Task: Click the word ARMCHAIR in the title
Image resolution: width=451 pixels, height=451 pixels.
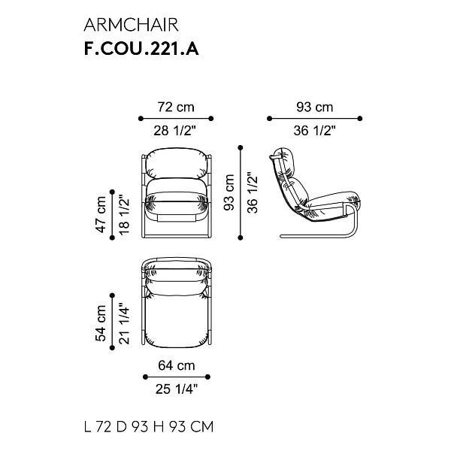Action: coord(131,25)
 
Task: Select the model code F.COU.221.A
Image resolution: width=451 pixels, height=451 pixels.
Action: coord(141,49)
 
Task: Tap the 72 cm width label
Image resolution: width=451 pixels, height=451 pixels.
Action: coord(176,107)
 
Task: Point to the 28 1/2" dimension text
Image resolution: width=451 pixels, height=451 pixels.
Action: coord(174,131)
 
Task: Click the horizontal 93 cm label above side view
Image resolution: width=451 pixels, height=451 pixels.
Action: coord(315,107)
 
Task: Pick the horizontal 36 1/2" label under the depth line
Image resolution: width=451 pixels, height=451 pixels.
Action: coord(315,131)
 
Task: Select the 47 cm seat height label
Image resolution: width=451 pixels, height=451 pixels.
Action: coord(101,214)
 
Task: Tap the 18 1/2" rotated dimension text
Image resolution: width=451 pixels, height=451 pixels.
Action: coord(125,215)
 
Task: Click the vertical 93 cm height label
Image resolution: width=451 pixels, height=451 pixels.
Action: coord(229,192)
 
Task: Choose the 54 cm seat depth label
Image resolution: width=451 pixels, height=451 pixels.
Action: coord(101,323)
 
